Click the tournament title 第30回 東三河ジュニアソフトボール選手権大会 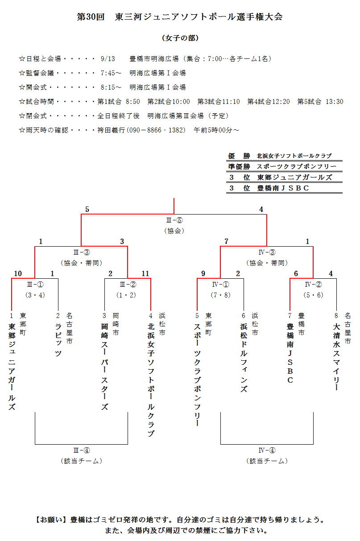pyautogui.click(x=180, y=17)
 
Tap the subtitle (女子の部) pyautogui.click(x=180, y=38)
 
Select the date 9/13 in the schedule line pyautogui.click(x=108, y=58)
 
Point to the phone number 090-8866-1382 pyautogui.click(x=156, y=130)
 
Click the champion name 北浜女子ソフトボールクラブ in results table pyautogui.click(x=294, y=156)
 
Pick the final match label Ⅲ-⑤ pyautogui.click(x=174, y=220)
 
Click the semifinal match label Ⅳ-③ pyautogui.click(x=267, y=252)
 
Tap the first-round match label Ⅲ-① pyautogui.click(x=35, y=284)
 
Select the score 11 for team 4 pyautogui.click(x=145, y=273)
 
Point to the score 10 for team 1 pyautogui.click(x=18, y=273)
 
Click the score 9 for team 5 pyautogui.click(x=203, y=273)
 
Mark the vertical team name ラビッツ pyautogui.click(x=58, y=340)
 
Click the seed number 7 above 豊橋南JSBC pyautogui.click(x=290, y=315)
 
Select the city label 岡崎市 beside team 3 pyautogui.click(x=116, y=324)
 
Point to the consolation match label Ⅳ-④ pyautogui.click(x=267, y=450)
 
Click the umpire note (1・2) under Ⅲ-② pyautogui.click(x=128, y=295)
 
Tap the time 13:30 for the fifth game pyautogui.click(x=335, y=102)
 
